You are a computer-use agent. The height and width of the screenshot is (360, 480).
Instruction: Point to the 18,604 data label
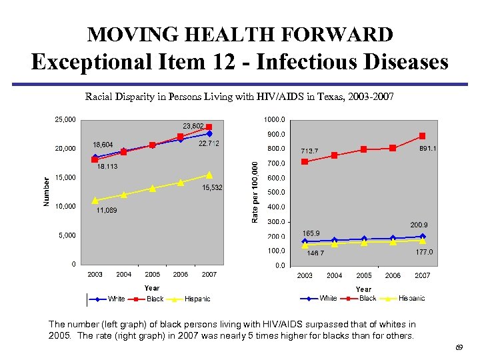(x=103, y=145)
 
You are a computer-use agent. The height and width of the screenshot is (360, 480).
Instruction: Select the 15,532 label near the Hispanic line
(x=212, y=188)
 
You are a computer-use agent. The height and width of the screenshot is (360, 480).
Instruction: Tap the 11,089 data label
(x=106, y=211)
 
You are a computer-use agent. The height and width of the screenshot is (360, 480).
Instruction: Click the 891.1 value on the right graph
(x=428, y=149)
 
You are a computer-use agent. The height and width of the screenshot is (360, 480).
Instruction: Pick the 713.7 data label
(x=311, y=150)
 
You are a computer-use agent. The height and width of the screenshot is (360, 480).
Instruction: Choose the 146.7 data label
(x=315, y=253)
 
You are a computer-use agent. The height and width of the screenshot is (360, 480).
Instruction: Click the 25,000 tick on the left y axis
(x=65, y=120)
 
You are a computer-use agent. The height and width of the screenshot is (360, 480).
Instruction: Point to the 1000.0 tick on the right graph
(x=275, y=120)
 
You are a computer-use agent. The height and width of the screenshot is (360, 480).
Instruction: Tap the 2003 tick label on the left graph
(x=95, y=275)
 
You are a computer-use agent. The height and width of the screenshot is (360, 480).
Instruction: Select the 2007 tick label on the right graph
(x=423, y=275)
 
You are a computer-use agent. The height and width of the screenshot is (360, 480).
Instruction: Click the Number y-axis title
(x=47, y=191)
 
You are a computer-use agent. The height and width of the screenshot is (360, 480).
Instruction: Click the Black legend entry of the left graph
(x=155, y=299)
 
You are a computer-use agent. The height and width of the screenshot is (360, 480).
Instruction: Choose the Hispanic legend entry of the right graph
(x=411, y=298)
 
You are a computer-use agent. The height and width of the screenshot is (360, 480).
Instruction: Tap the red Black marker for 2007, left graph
(x=209, y=127)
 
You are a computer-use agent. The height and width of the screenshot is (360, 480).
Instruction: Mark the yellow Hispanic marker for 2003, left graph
(x=95, y=200)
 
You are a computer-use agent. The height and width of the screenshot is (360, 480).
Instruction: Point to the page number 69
(x=459, y=347)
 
